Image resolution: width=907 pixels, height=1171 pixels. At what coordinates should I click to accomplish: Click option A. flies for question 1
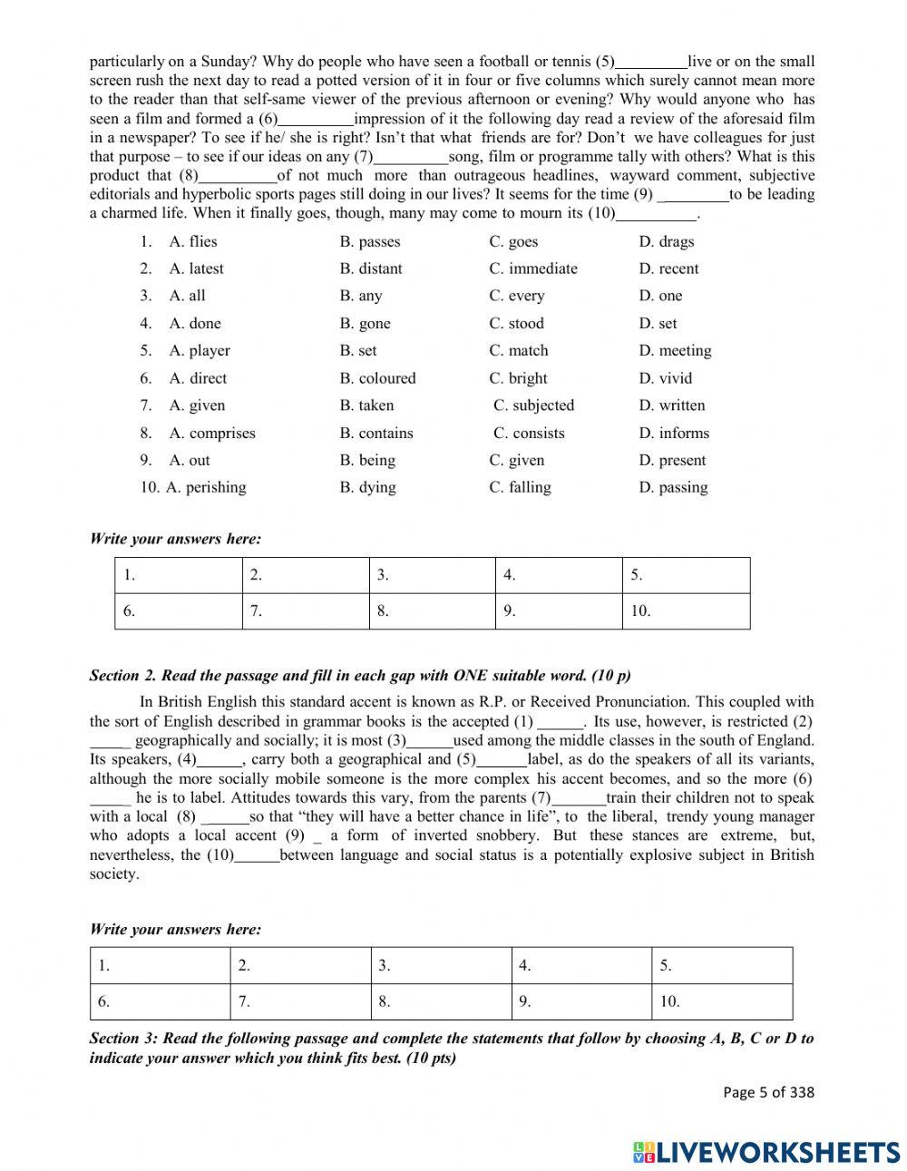(192, 241)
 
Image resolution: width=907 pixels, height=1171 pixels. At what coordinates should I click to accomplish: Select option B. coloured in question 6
(377, 378)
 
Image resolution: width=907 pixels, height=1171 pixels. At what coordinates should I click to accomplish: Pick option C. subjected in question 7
(533, 405)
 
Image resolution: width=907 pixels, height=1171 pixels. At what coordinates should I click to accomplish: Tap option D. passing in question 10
(673, 487)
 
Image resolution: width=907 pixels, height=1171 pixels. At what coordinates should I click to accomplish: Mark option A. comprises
(211, 433)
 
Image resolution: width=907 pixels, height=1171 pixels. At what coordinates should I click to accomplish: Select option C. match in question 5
(518, 350)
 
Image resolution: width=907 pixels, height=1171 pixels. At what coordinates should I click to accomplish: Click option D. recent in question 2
(668, 268)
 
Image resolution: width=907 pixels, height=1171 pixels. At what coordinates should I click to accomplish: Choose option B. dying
(367, 487)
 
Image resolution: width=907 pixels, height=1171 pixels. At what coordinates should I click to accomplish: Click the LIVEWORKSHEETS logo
(766, 1152)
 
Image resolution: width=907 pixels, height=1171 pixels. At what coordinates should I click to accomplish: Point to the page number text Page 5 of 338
(768, 1092)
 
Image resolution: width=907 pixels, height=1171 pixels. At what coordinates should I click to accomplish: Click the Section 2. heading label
(123, 676)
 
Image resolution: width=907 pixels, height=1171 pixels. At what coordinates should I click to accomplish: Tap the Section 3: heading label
(123, 1039)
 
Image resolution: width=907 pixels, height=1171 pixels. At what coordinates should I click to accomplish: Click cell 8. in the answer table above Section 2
(433, 611)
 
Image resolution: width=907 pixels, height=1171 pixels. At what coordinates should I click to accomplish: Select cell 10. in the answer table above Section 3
(721, 1002)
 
